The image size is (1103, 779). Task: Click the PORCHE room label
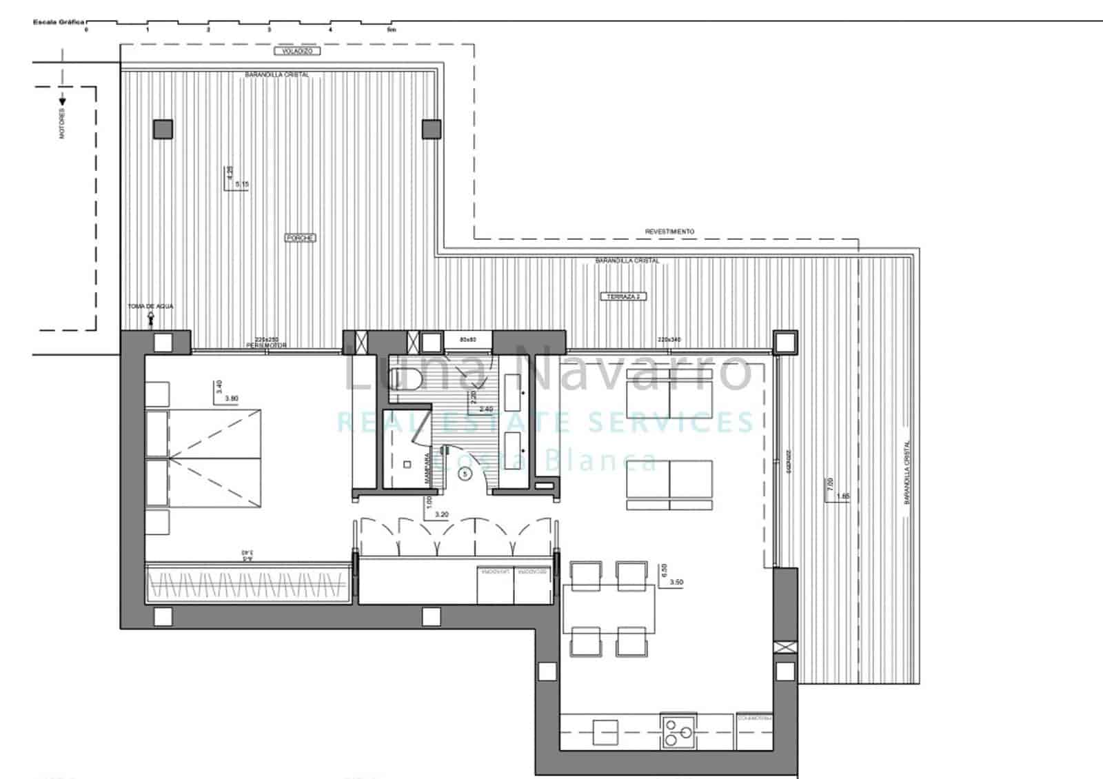(300, 238)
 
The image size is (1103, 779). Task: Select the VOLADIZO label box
(297, 52)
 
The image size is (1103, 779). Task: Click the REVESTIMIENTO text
(669, 232)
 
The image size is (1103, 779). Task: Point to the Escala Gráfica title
(58, 22)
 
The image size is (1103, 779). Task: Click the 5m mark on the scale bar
(392, 30)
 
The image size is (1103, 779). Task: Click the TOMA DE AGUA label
(150, 306)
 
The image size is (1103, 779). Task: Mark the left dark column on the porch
(163, 129)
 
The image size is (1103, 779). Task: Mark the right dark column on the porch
(431, 129)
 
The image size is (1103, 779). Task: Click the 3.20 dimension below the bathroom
(441, 514)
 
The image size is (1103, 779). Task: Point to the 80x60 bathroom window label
(469, 339)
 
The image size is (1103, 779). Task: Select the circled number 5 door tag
(466, 474)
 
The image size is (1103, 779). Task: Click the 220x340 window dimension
(669, 339)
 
